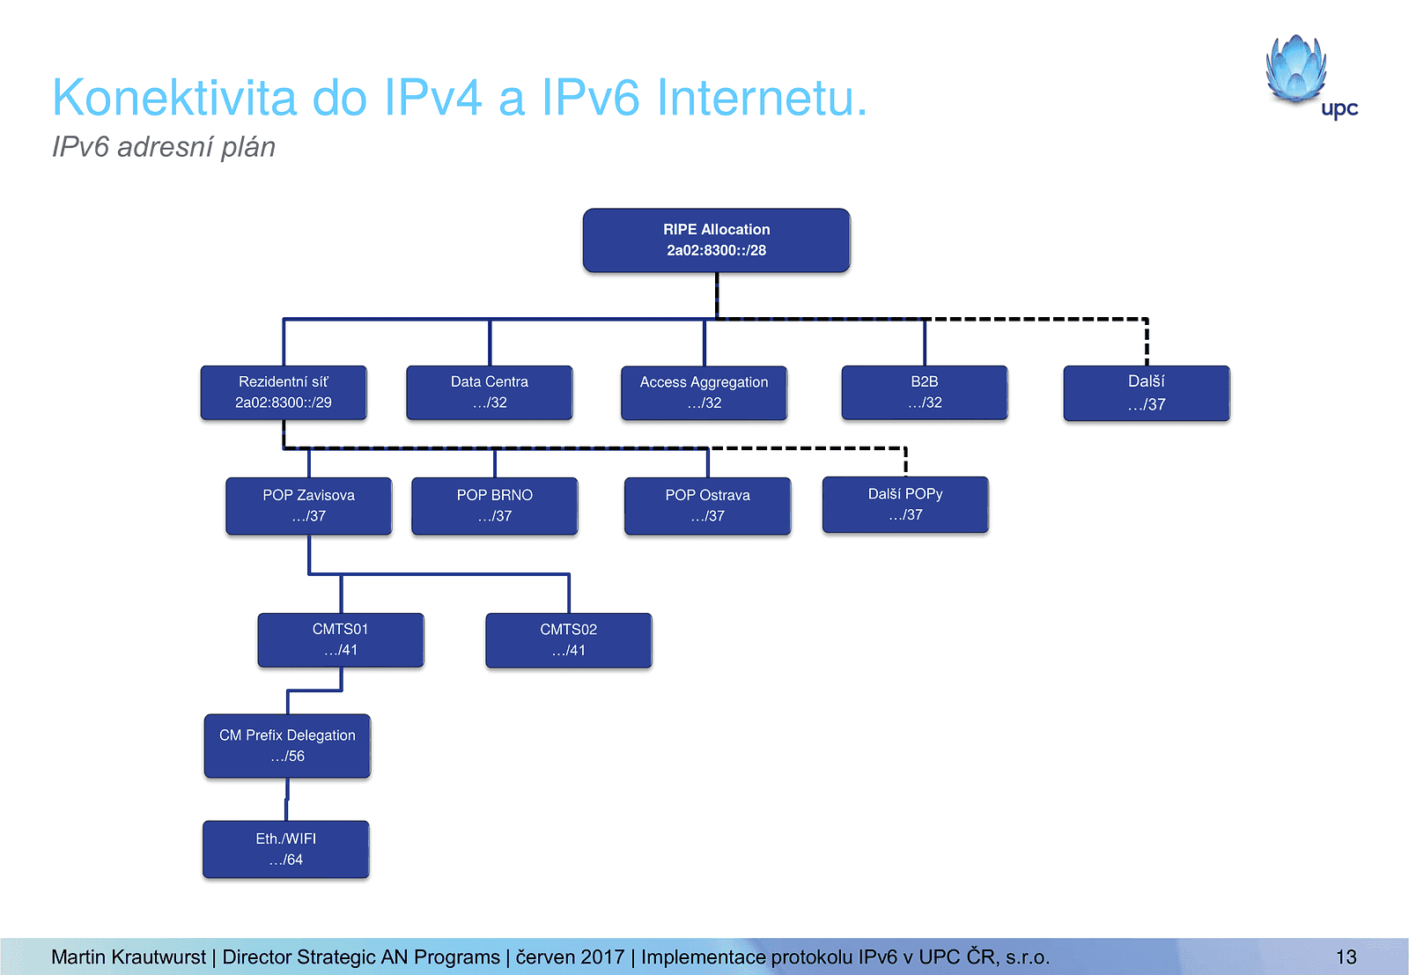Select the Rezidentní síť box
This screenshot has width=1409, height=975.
[284, 393]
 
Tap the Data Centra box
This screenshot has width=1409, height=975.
[490, 393]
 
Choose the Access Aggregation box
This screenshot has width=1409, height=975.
[704, 393]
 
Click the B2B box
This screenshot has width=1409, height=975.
[925, 393]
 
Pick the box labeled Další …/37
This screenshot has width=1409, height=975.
[1146, 393]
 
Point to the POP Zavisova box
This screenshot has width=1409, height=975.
[308, 506]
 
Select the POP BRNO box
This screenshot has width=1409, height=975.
[495, 506]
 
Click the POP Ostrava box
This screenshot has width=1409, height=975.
[707, 506]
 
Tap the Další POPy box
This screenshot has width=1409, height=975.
[905, 505]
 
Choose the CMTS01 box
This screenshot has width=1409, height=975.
[341, 640]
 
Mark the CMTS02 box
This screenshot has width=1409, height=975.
[569, 640]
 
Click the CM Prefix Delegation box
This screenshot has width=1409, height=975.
[287, 746]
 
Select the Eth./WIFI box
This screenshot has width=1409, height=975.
[286, 849]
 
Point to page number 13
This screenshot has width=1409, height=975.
[1346, 957]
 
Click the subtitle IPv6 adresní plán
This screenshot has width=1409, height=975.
[164, 147]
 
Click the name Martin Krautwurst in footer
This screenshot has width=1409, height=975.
[129, 957]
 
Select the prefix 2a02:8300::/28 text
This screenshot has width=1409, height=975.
[716, 251]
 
